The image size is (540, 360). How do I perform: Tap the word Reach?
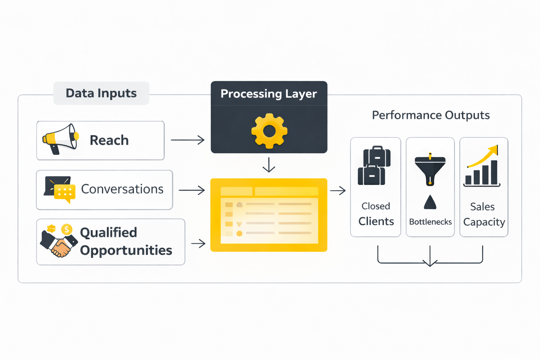[109, 140]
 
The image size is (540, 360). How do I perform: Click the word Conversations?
[122, 189]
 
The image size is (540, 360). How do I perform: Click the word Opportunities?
[126, 250]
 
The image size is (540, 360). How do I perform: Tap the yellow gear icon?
[269, 131]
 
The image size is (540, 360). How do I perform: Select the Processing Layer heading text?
[269, 94]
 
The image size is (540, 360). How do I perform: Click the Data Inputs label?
[101, 93]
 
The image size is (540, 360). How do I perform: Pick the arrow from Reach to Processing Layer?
[188, 140]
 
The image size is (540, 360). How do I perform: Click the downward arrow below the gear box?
[269, 165]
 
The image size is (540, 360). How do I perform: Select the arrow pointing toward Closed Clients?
[338, 191]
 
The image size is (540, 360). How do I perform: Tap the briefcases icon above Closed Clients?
[374, 166]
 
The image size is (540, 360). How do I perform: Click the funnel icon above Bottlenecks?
[430, 169]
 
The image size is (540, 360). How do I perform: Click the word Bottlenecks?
[430, 222]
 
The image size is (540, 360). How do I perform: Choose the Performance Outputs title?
[431, 115]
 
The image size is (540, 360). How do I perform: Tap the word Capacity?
[484, 222]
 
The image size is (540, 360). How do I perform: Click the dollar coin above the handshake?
[66, 230]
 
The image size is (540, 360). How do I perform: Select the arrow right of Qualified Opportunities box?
[198, 243]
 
